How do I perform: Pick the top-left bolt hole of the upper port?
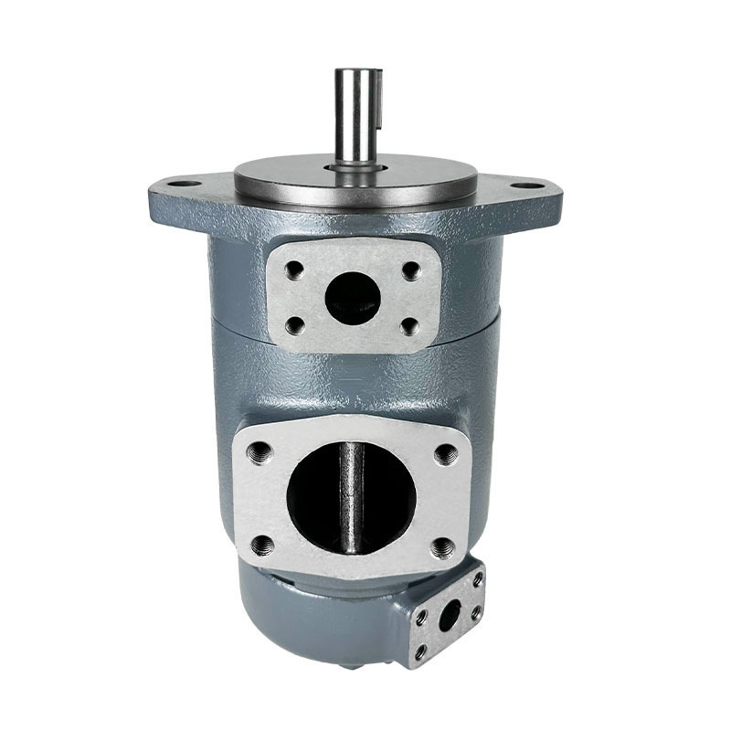point(294,271)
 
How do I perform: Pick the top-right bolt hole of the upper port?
point(410,270)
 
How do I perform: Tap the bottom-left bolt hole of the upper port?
point(294,324)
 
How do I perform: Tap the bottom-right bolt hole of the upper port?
point(409,325)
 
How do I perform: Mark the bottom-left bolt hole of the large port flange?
point(263,546)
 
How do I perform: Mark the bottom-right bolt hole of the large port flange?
point(444,547)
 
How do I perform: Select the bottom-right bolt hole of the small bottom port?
point(475,613)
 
